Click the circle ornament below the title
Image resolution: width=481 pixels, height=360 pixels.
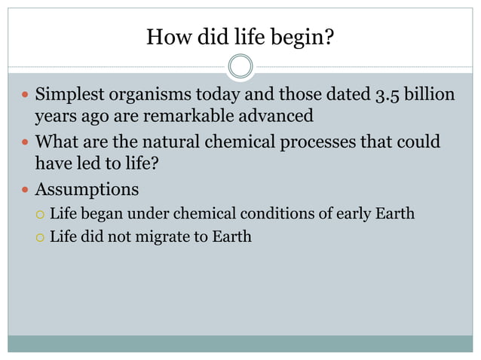pos(240,66)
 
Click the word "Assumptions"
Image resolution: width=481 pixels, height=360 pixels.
pos(87,188)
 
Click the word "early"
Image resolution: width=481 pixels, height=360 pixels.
pos(350,213)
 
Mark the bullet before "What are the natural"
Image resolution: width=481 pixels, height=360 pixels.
pos(23,142)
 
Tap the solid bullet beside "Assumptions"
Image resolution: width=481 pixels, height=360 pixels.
pos(23,188)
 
